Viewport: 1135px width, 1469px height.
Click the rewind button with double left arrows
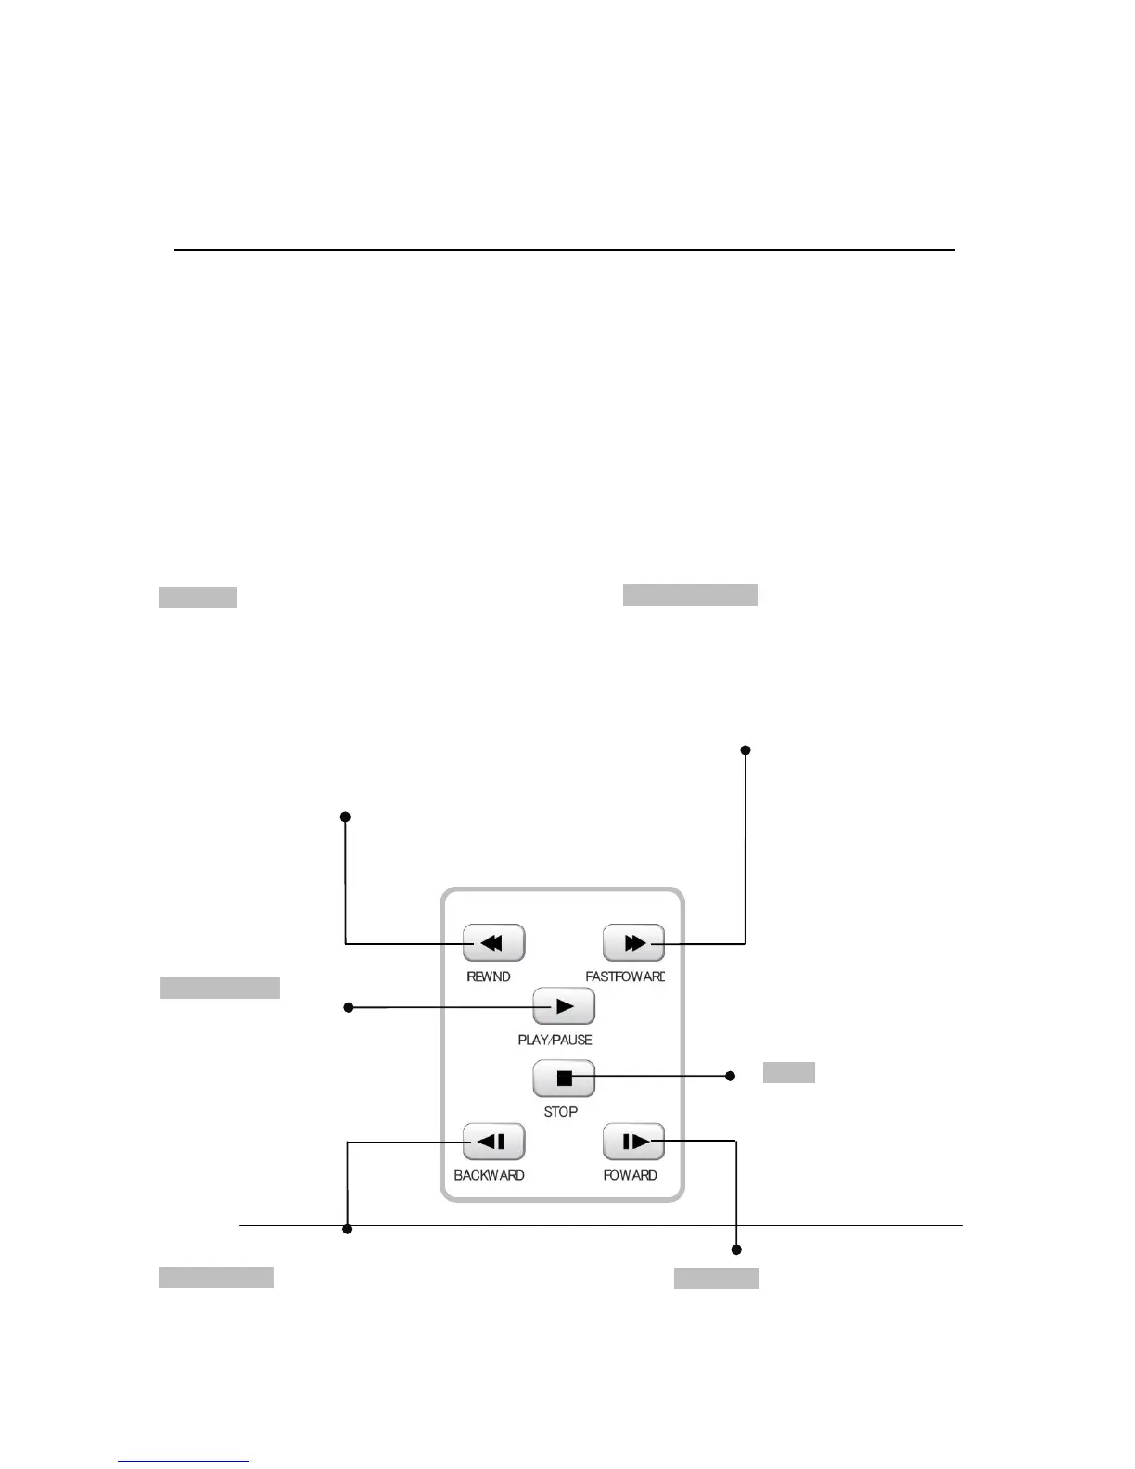click(493, 943)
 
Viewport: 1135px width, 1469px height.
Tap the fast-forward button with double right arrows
click(633, 943)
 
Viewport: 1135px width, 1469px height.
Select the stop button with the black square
click(564, 1079)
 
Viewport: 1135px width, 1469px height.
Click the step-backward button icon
click(493, 1142)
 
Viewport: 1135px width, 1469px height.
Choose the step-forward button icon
click(633, 1142)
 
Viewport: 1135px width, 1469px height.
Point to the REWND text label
click(489, 977)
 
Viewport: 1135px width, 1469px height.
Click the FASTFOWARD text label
click(625, 977)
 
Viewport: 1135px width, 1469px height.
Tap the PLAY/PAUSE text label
click(555, 1040)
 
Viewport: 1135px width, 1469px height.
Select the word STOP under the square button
click(561, 1111)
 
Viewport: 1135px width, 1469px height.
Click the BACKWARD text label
click(489, 1175)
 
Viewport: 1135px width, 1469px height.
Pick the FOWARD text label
click(631, 1175)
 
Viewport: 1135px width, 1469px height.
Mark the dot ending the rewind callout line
click(345, 817)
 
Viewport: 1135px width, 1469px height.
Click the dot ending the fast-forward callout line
click(746, 749)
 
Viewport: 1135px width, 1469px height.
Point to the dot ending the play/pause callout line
click(349, 1007)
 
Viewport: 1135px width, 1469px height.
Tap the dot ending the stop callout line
click(730, 1076)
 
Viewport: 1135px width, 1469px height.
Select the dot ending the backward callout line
click(348, 1230)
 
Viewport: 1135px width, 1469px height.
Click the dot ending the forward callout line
click(736, 1250)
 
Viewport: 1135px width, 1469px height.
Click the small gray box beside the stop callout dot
click(788, 1073)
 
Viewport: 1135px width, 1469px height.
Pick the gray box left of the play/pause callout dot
click(220, 988)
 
